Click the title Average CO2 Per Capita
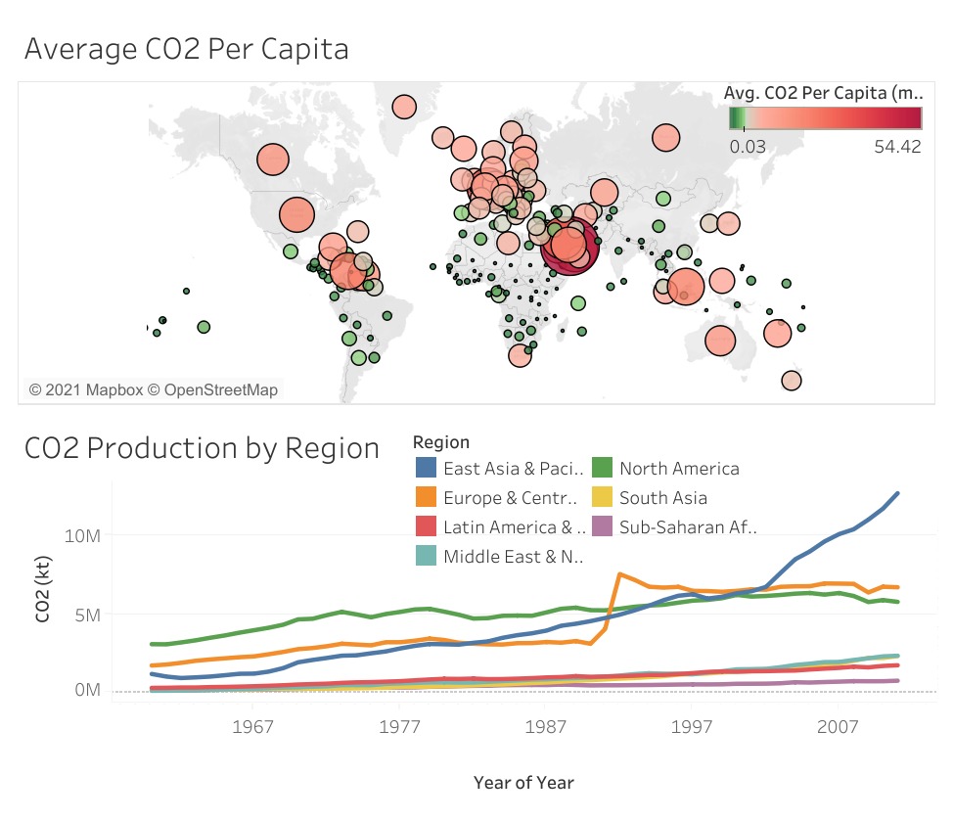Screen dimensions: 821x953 (186, 49)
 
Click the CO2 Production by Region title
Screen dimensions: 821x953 (202, 448)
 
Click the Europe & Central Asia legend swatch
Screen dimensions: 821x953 (425, 498)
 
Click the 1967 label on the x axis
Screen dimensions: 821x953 (252, 729)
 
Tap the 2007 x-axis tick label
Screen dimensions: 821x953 (838, 729)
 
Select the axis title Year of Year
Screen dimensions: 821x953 (523, 782)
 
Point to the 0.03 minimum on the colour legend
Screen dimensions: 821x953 (749, 146)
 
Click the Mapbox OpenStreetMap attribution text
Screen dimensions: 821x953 (154, 389)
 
